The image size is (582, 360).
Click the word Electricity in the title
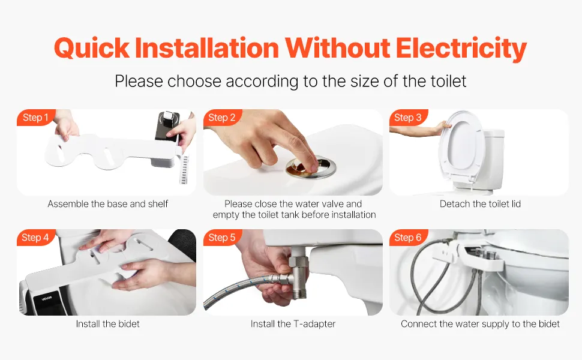coord(461,48)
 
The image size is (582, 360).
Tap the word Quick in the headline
coord(92,48)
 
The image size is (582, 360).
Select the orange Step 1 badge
coord(35,117)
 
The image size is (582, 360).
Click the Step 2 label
coord(222,117)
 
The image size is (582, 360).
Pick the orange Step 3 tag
coord(408,117)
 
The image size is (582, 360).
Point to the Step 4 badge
coord(35,237)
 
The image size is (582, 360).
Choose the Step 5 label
coord(222,237)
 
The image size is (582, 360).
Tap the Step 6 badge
coord(408,237)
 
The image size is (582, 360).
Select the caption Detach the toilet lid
coord(480,204)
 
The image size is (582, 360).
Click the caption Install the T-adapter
coord(293,323)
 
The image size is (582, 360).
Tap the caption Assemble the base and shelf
coord(107,204)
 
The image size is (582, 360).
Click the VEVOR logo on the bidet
coord(47,298)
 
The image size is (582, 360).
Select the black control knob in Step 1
coord(168,126)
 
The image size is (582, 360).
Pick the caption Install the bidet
coord(107,323)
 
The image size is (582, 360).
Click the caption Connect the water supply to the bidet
coord(480,323)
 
